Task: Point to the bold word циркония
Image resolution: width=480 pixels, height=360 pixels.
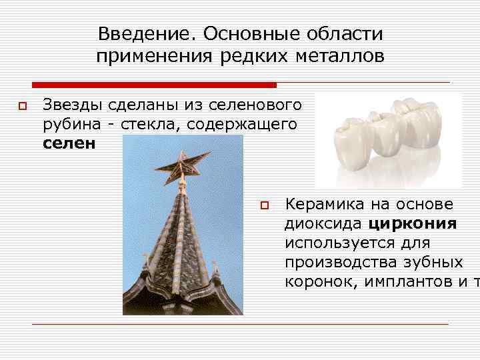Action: tap(412, 223)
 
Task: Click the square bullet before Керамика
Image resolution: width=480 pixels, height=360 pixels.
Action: tap(264, 205)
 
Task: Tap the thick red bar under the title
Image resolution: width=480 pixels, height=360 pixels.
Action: tap(154, 85)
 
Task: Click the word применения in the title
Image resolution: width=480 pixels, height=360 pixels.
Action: tap(154, 56)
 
